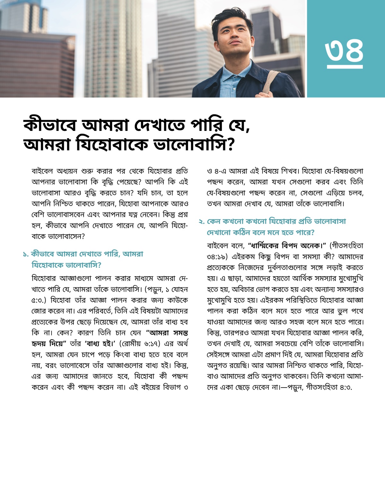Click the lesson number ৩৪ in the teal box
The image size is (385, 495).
(344, 51)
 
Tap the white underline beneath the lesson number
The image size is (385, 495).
(345, 67)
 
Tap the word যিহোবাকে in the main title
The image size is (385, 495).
(112, 144)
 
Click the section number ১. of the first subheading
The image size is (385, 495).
(26, 254)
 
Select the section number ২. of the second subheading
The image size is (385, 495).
(201, 222)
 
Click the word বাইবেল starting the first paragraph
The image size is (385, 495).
(42, 171)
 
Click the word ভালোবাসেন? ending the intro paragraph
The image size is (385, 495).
(66, 236)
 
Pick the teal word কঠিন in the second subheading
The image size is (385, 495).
(242, 233)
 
